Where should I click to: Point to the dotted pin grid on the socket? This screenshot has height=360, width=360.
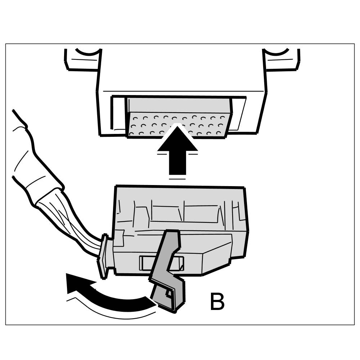[178, 124]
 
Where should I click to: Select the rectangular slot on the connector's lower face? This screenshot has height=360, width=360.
[162, 263]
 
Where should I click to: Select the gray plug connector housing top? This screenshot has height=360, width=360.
[180, 209]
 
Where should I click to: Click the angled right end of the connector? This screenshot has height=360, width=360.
[220, 257]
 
